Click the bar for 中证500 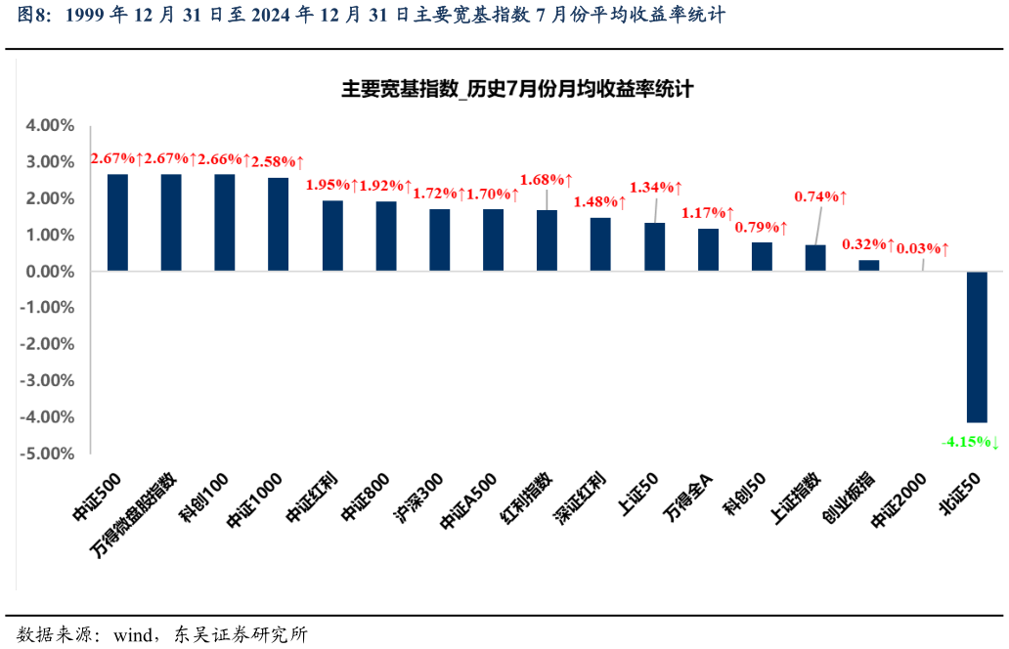point(117,222)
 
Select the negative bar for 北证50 point(977,346)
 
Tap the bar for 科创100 point(225,222)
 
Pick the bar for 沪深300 point(440,239)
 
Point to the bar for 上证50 point(654,246)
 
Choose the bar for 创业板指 point(868,265)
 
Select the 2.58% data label point(278,159)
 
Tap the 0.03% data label point(923,249)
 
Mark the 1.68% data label point(546,180)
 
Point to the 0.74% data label point(820,196)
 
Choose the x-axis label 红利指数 point(528,499)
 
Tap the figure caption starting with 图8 point(372,16)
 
